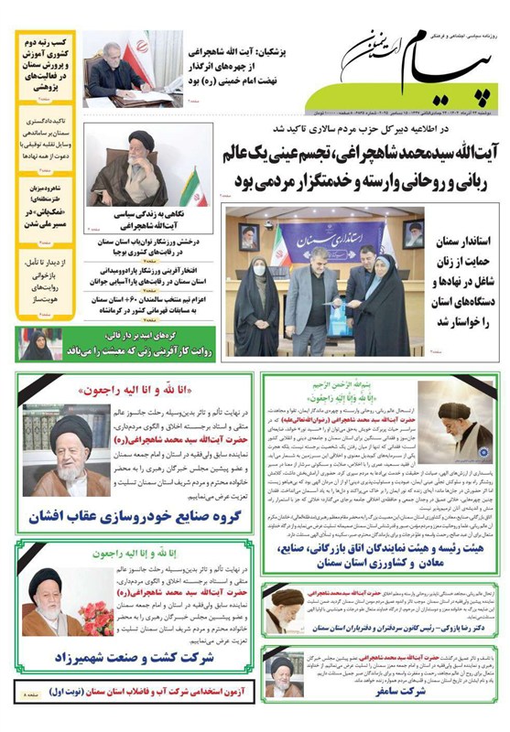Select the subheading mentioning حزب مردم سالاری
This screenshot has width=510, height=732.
pos(365,131)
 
